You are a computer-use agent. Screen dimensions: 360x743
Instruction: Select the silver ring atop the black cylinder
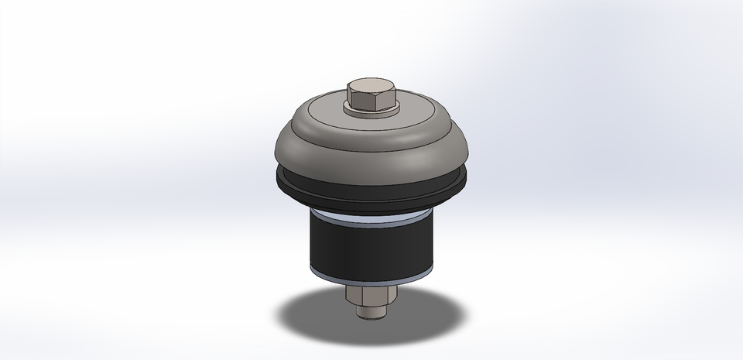pyautogui.click(x=371, y=218)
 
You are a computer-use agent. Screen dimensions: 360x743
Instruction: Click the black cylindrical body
pyautogui.click(x=371, y=244)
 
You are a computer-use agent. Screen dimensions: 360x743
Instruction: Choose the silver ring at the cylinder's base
pyautogui.click(x=371, y=276)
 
